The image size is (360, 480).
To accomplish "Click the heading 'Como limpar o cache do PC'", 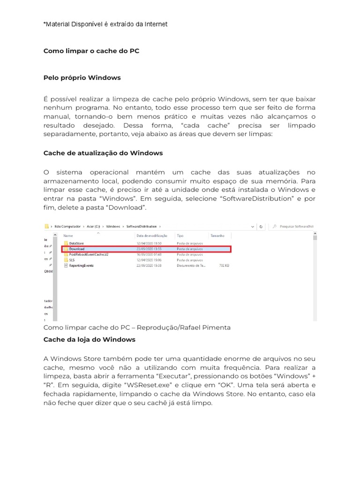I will point(91,51).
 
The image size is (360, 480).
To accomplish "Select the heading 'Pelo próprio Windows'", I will point(82,77).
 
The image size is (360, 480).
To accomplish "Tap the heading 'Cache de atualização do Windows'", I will point(103,153).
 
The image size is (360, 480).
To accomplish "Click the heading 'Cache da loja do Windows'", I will point(89,339).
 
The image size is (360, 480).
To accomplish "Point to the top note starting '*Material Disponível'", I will point(105,24).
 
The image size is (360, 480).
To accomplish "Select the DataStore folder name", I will point(77,244).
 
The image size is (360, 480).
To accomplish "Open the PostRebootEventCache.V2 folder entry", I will point(88,254).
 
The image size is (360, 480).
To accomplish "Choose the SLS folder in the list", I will point(72,260).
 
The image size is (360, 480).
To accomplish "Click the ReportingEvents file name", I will point(81,265).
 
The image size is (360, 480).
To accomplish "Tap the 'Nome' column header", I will point(68,235).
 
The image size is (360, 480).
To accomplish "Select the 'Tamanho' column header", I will point(217,235).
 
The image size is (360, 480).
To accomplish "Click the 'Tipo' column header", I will point(180,235).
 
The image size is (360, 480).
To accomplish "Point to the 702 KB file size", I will point(224,265).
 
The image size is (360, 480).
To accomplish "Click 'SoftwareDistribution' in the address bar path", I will point(142,226).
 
